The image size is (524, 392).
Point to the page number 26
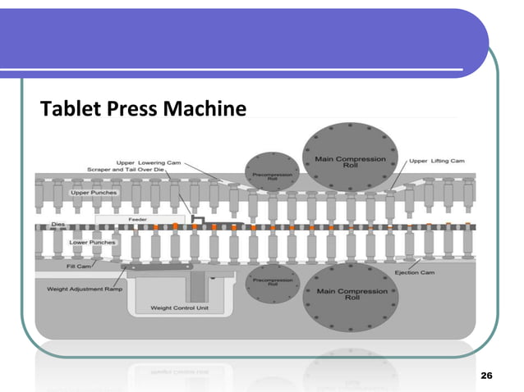(485, 375)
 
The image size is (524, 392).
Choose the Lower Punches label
(93, 242)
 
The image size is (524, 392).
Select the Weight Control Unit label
(177, 308)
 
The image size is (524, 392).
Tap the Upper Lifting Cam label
(436, 161)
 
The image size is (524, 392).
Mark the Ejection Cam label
(416, 272)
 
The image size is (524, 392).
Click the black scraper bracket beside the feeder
(197, 220)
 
